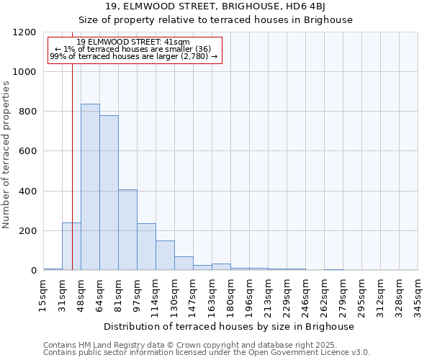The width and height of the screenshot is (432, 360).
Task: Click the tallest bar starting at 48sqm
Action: coord(90,187)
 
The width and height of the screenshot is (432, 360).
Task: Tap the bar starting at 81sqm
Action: coord(127,230)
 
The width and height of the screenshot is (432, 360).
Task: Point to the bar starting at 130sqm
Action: coord(184,264)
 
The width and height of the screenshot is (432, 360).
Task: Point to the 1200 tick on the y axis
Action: coord(25,32)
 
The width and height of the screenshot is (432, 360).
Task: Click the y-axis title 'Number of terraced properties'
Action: coord(6,155)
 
